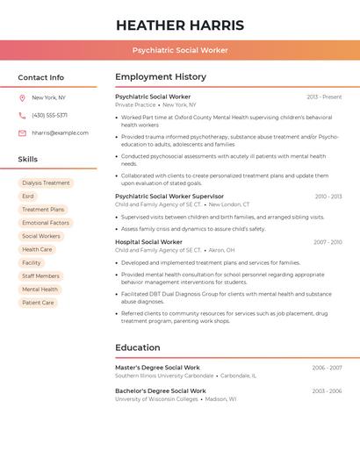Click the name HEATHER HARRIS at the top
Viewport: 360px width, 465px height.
(x=180, y=25)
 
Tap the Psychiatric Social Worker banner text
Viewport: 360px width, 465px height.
(x=180, y=50)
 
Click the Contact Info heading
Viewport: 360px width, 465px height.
(x=41, y=77)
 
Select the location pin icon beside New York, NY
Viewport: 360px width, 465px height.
(x=22, y=97)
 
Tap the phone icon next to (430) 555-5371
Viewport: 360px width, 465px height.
(x=22, y=115)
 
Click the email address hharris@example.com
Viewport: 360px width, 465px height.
(x=60, y=133)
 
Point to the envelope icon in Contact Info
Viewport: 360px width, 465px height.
(x=22, y=133)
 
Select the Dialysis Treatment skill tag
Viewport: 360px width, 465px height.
(x=46, y=183)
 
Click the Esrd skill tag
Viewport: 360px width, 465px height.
(x=28, y=197)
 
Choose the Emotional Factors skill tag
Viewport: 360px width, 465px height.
(x=46, y=223)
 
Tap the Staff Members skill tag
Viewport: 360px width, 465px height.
(x=40, y=276)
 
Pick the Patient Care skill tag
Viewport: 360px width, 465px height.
(x=38, y=303)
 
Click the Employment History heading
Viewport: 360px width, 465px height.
(x=161, y=77)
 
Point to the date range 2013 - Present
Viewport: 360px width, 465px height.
(x=324, y=97)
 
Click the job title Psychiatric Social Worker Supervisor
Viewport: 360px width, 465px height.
(x=169, y=197)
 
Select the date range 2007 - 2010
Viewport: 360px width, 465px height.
(x=328, y=242)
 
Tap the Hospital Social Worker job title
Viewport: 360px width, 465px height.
(x=148, y=242)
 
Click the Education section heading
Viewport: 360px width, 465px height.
(x=138, y=347)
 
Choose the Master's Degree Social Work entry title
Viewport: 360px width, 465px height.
(x=157, y=368)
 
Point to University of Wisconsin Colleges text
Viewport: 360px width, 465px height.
(x=156, y=398)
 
